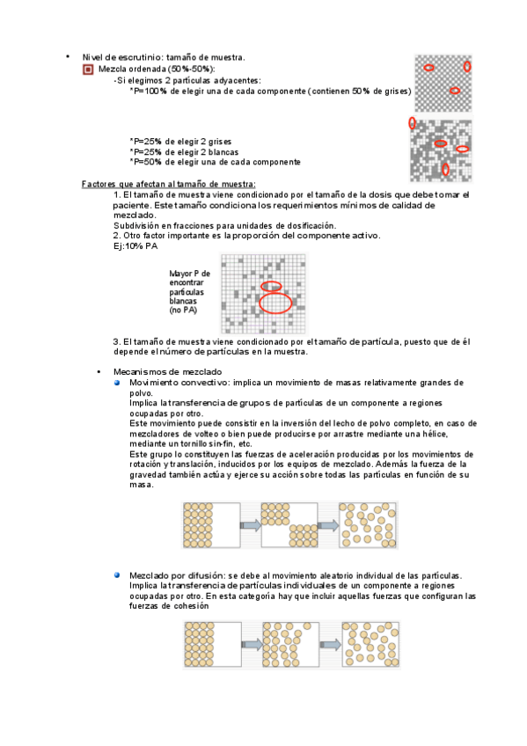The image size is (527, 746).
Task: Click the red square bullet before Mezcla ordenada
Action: pyautogui.click(x=88, y=70)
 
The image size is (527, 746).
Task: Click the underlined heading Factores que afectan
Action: pyautogui.click(x=168, y=184)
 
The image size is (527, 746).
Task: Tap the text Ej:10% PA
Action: pyautogui.click(x=135, y=246)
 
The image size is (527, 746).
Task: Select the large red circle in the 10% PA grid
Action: pyautogui.click(x=275, y=303)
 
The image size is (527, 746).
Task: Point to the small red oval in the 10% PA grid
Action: pyautogui.click(x=271, y=287)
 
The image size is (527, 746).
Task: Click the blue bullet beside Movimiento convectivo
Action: pyautogui.click(x=117, y=383)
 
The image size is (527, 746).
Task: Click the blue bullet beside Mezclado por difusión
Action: pyautogui.click(x=117, y=574)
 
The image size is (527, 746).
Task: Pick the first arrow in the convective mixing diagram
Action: pyautogui.click(x=251, y=525)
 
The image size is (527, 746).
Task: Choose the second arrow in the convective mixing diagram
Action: pyautogui.click(x=328, y=525)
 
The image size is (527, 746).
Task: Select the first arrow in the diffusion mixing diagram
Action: pyautogui.click(x=253, y=645)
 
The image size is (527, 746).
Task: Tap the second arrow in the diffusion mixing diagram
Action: pyautogui.click(x=330, y=645)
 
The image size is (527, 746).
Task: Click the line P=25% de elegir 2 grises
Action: pyautogui.click(x=180, y=142)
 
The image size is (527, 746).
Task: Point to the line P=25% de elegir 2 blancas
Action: pyautogui.click(x=184, y=152)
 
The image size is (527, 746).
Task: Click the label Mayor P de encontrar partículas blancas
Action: pyautogui.click(x=189, y=292)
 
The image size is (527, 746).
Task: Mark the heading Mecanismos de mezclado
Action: pyautogui.click(x=167, y=371)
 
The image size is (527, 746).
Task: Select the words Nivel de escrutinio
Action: pyautogui.click(x=121, y=57)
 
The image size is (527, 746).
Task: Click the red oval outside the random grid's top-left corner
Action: pyautogui.click(x=412, y=123)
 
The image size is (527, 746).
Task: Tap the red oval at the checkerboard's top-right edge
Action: pyautogui.click(x=467, y=66)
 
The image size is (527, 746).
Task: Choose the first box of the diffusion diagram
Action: pyautogui.click(x=213, y=644)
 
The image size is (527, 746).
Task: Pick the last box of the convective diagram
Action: pyautogui.click(x=368, y=525)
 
